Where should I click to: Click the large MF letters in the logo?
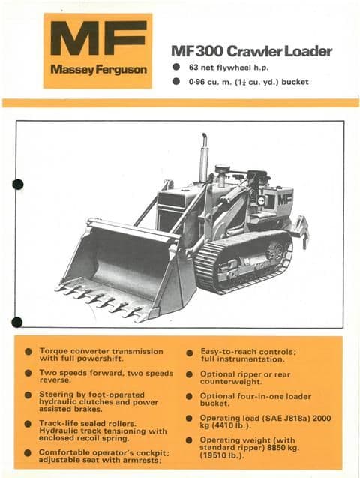[97, 39]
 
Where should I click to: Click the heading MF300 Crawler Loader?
[251, 52]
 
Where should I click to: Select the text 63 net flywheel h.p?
[232, 68]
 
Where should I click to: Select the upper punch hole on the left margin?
[17, 184]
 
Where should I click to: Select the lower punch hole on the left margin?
[17, 322]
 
